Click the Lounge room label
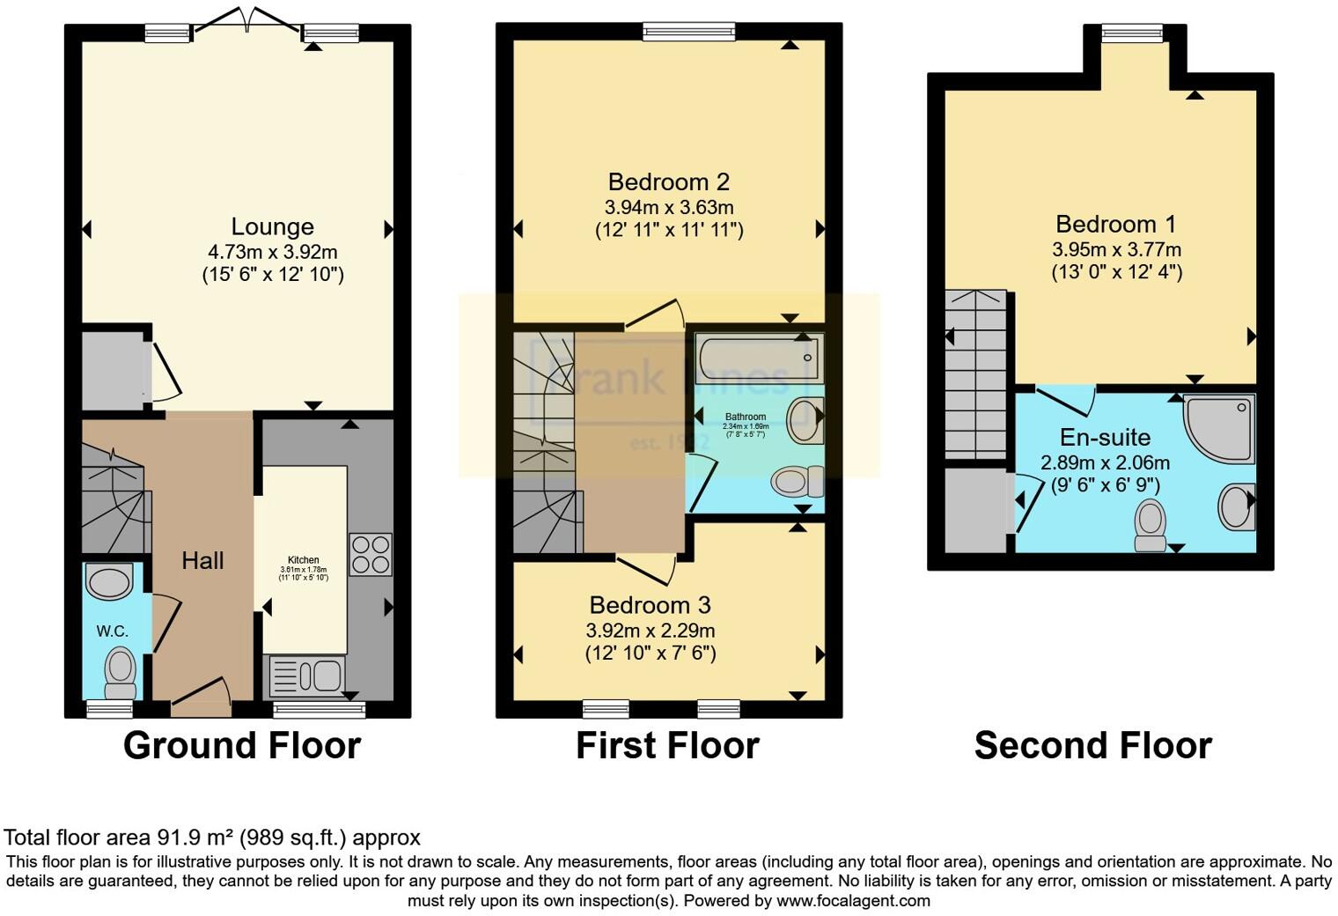tap(272, 227)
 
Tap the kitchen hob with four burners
tap(371, 554)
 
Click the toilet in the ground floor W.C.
tap(120, 672)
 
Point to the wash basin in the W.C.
tap(109, 582)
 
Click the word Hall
tap(202, 560)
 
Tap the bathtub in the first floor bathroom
tap(758, 358)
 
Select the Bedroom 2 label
tap(668, 182)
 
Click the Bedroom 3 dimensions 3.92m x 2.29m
tap(650, 631)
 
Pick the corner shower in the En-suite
tap(1220, 427)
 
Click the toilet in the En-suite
tap(1150, 525)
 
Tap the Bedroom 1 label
tap(1115, 225)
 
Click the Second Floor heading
tap(1092, 746)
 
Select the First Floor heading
tap(666, 746)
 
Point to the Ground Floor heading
tap(242, 745)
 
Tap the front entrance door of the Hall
tap(201, 695)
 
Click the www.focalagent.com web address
tap(853, 901)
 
